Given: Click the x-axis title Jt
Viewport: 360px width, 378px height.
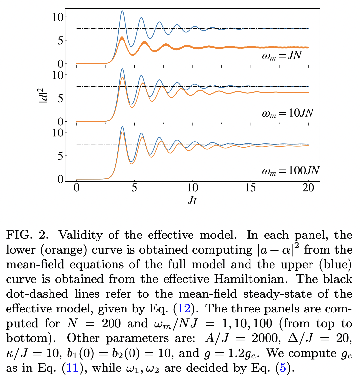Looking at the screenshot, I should pos(192,200).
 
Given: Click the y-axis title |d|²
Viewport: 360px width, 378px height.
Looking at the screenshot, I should pos(44,94).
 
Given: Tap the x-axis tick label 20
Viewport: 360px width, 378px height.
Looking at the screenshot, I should pos(308,188).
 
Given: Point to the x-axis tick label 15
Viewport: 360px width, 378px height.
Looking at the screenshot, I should pos(250,188).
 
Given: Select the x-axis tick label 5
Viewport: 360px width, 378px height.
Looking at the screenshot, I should pos(134,188).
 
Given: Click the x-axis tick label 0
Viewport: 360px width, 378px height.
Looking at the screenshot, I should pos(77,188).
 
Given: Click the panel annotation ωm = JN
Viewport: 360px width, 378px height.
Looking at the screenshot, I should pos(281,56).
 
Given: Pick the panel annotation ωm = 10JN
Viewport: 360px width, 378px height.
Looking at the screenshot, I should pos(287,113).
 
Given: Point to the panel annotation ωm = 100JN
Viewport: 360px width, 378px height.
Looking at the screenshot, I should pos(290,171).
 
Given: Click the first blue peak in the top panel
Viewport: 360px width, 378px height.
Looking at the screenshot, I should pos(122,11).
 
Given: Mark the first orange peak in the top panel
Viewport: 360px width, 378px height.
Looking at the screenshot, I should pos(122,38).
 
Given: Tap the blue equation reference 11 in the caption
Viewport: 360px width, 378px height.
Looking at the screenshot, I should pos(73,368).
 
